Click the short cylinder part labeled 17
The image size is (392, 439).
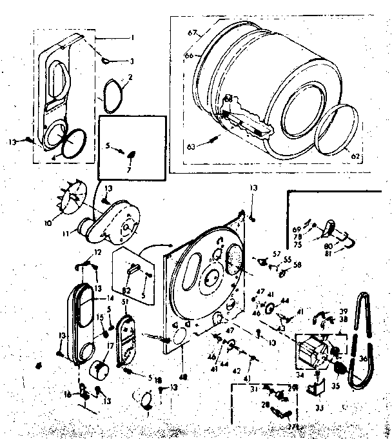click(99, 372)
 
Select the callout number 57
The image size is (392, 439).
click(276, 254)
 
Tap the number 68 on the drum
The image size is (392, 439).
click(228, 99)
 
